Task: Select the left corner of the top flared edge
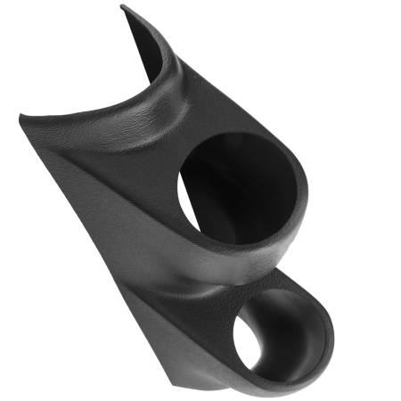tap(20, 115)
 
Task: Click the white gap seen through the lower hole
tap(246, 348)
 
